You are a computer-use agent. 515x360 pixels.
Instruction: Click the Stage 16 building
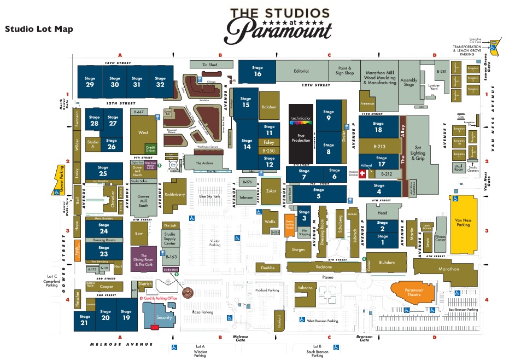(257, 71)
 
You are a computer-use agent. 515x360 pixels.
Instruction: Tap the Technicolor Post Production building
(301, 133)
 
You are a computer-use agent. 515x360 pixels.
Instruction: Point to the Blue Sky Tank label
(209, 196)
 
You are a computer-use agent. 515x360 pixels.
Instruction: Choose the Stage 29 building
(90, 82)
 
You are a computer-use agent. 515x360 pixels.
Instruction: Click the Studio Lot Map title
(39, 29)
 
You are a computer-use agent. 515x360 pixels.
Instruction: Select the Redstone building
(324, 267)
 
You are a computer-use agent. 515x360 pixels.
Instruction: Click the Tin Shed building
(209, 65)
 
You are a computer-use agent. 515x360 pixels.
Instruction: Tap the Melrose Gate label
(241, 339)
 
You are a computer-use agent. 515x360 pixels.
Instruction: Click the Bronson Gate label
(364, 339)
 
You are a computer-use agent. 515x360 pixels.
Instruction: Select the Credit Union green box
(150, 148)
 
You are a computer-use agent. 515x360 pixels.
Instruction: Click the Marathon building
(449, 269)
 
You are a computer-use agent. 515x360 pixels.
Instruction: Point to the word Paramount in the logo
(278, 33)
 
